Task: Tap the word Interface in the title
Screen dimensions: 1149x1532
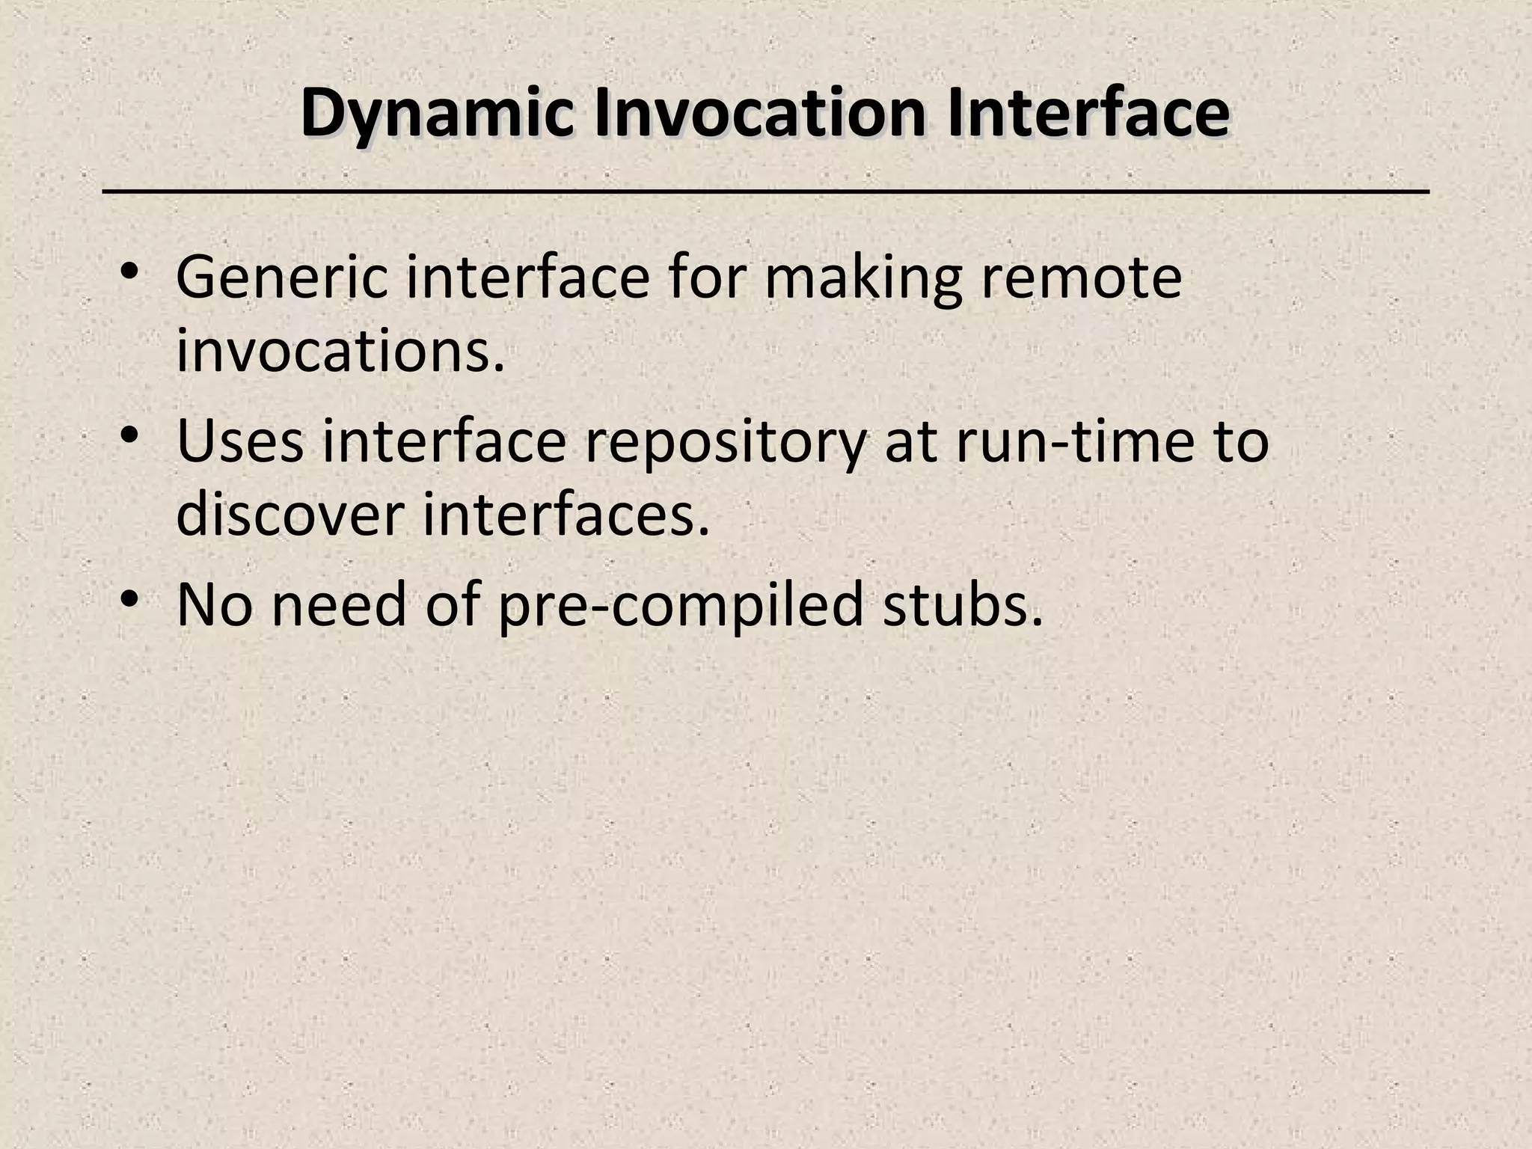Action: pyautogui.click(x=1088, y=114)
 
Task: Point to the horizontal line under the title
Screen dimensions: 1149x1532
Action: pyautogui.click(x=766, y=193)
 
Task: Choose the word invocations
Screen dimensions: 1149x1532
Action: pyautogui.click(x=341, y=352)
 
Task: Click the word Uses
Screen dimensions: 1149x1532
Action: pyautogui.click(x=240, y=441)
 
